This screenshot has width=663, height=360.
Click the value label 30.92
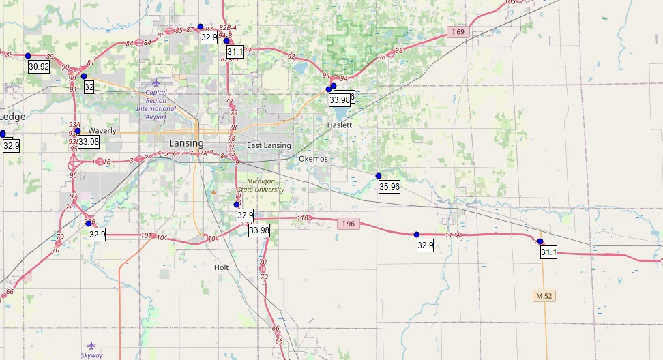39,66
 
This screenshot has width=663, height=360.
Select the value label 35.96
389,187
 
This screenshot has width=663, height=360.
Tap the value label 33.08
89,142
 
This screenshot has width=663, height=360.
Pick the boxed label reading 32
89,87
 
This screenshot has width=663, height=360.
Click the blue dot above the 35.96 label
379,176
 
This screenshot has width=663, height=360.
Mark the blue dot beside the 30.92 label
28,55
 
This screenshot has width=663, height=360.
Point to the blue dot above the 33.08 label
78,131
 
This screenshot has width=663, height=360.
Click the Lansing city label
186,143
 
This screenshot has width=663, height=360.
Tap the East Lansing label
269,145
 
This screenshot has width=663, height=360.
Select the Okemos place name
313,159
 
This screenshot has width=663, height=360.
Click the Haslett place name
340,125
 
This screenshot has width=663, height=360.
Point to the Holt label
221,267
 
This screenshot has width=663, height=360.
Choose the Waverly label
102,130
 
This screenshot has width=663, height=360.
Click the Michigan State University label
261,185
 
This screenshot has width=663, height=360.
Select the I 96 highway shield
348,223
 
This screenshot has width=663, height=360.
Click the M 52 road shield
544,295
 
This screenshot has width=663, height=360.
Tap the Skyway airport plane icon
92,346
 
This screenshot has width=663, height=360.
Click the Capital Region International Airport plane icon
156,82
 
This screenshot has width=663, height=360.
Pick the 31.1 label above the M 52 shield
549,252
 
